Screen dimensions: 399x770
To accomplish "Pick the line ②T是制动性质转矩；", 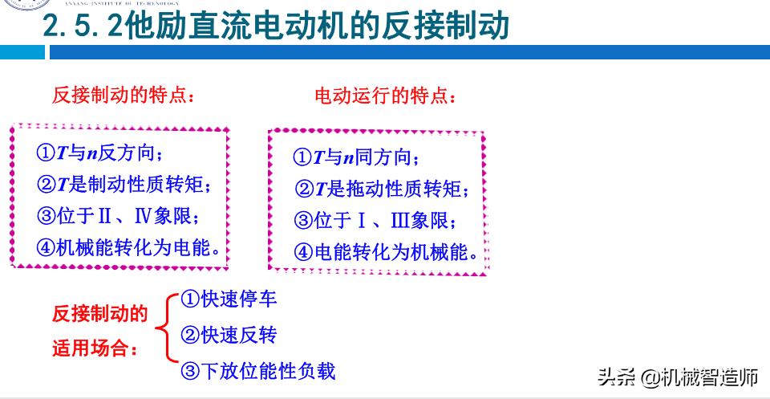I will [x=125, y=185].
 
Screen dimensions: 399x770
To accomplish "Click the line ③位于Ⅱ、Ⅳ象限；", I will [x=117, y=216].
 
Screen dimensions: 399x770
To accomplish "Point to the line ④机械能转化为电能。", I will [x=128, y=247].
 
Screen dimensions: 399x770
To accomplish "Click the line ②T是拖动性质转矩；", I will [x=382, y=189].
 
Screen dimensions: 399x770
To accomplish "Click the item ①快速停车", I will [x=229, y=299].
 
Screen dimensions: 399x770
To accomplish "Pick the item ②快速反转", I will [x=229, y=334].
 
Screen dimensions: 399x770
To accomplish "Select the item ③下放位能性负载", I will [x=257, y=370].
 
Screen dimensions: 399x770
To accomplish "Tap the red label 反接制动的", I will [x=99, y=313].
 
